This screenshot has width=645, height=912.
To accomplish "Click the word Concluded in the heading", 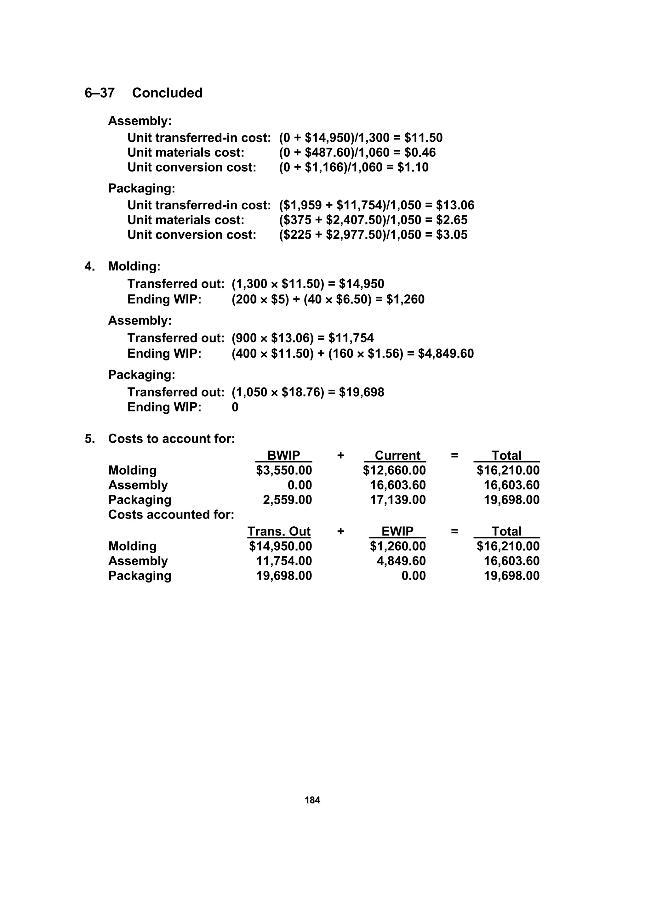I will coord(167,93).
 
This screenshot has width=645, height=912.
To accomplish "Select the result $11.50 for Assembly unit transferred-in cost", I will coord(423,138).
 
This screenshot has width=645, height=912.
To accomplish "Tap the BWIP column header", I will coord(283,455).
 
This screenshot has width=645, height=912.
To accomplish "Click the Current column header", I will coord(397,455).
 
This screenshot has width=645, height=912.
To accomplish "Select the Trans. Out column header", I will coord(279,531).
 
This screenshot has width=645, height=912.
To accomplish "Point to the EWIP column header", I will coord(397,531).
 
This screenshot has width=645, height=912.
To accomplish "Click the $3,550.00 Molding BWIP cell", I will coord(284,470).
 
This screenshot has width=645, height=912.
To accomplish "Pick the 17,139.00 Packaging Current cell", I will coord(397,500).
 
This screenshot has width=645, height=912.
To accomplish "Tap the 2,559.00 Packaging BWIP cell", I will coord(287,500).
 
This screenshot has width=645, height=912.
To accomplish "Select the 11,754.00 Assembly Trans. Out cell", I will coord(284,561).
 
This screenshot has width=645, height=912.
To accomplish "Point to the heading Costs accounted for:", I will coord(171,515).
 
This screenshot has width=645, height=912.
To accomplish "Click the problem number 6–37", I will coord(99,93).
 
